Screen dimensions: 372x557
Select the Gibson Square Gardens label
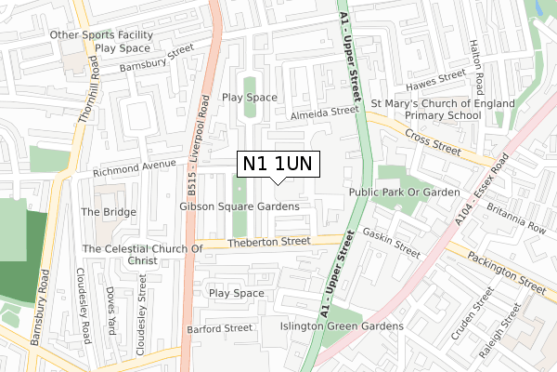pyautogui.click(x=240, y=206)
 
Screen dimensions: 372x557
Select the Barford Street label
pyautogui.click(x=219, y=328)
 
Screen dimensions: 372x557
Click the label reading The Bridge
pyautogui.click(x=109, y=212)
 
